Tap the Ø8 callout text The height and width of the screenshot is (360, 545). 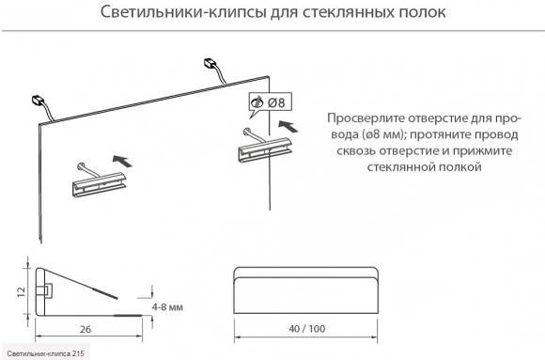pos(276,102)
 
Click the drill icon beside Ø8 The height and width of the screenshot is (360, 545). pos(257,102)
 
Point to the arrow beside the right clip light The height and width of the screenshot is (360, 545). pos(288,126)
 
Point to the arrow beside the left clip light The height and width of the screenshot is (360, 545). pos(122,161)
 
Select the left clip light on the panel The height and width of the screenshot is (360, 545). pos(99,180)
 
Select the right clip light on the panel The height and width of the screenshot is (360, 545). pos(265,146)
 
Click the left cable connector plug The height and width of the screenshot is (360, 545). pos(38,100)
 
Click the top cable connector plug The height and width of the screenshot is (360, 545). pos(210,63)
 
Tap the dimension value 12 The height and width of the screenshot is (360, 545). pos(22,291)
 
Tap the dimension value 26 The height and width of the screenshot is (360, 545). pos(86,329)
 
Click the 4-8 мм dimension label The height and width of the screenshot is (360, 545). pos(167,307)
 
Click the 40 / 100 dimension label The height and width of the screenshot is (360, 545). pos(307,329)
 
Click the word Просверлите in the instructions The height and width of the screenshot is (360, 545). pos(366,118)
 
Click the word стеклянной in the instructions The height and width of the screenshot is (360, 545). pos(400,167)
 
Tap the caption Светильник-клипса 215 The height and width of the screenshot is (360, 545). pos(45,353)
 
